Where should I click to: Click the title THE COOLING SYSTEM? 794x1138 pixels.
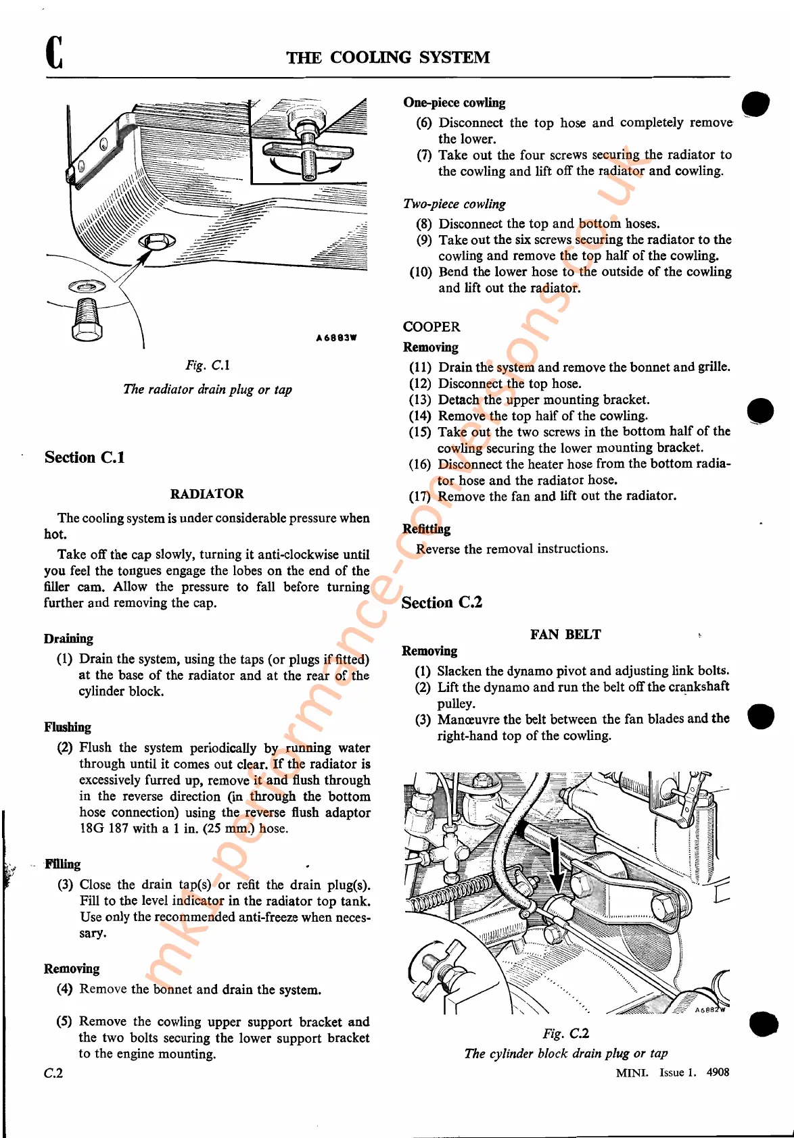pos(388,57)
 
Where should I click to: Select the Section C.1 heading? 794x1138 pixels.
pos(85,457)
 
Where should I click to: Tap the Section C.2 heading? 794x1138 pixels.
pos(442,602)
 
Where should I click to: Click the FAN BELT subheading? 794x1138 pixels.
pos(565,635)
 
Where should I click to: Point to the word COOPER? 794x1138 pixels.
pos(431,327)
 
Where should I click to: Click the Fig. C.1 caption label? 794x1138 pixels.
pos(208,366)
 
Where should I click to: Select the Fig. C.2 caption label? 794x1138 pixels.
pos(565,1034)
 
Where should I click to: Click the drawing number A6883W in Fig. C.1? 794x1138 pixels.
pos(336,338)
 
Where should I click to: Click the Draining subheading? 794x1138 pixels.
pos(68,639)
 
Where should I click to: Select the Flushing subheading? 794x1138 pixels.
pos(68,727)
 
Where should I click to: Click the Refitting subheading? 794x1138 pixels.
pos(426,529)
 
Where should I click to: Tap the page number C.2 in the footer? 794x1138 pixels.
pos(53,1073)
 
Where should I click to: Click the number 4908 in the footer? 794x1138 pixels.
pos(718,1072)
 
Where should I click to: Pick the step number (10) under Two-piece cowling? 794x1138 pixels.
pos(421,272)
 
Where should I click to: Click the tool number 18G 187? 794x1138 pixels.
pos(103,828)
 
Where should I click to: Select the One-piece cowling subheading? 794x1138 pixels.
pos(454,103)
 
